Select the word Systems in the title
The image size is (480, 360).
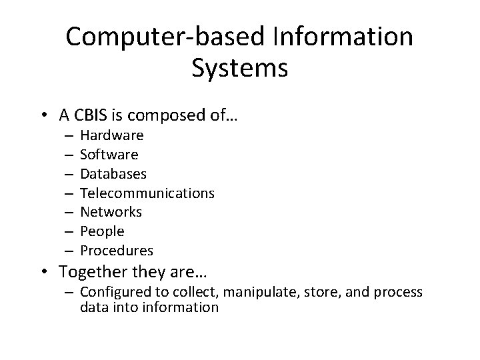point(239,69)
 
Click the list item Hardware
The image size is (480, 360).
point(111,135)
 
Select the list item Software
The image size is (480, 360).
point(109,155)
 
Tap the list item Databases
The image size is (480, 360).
point(113,173)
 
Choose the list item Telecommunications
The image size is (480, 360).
point(147,193)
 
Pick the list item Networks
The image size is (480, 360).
point(111,212)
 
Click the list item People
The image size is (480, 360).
point(102,231)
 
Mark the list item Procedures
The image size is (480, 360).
point(117,251)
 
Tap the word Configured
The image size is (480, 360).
point(113,292)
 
